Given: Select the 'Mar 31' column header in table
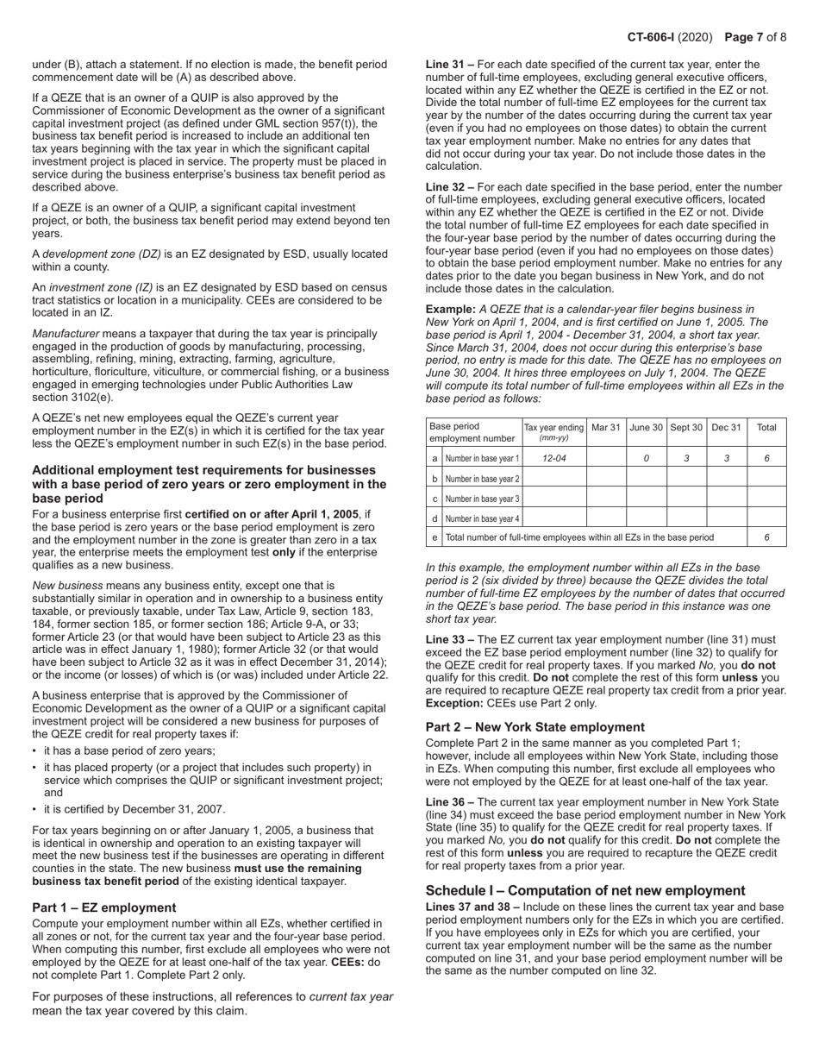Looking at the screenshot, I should (x=606, y=427).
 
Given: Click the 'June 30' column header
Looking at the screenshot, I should (x=646, y=427).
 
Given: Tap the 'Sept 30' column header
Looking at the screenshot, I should (x=686, y=427).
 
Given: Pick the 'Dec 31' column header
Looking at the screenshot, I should (x=726, y=427).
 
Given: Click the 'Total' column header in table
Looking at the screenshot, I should (x=766, y=427).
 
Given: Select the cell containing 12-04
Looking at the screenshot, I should (x=554, y=459).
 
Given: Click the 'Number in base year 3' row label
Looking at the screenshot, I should (x=482, y=499).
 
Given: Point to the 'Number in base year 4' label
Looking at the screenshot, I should (x=482, y=518).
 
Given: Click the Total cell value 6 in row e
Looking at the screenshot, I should (x=766, y=537).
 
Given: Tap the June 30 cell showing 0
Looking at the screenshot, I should (x=646, y=459).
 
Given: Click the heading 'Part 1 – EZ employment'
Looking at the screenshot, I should (x=103, y=907).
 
